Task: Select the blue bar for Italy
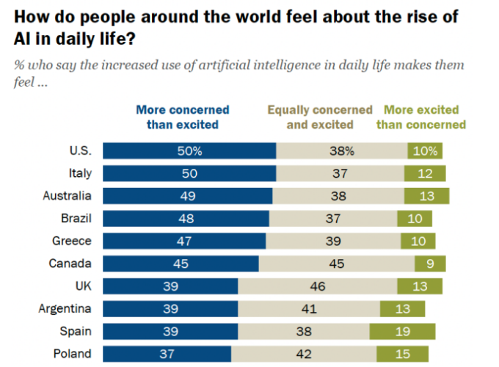point(189,173)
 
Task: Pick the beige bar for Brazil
point(332,218)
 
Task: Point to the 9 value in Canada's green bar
point(429,264)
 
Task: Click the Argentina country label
point(65,308)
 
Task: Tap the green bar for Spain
point(402,331)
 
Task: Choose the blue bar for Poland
point(167,354)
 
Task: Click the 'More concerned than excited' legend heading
point(183,117)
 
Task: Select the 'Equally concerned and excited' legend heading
point(320,117)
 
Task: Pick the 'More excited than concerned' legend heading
point(421,117)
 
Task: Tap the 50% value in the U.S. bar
point(189,151)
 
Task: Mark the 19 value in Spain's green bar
point(402,331)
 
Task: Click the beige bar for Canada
point(336,264)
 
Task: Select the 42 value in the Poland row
point(303,354)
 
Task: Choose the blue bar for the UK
point(170,286)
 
